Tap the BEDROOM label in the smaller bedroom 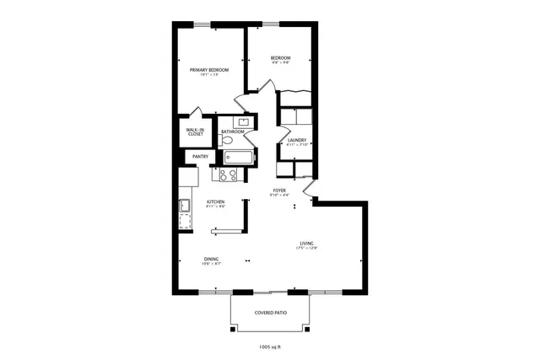[281, 57]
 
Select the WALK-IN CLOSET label [195, 132]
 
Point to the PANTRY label [201, 156]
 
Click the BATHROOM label [233, 132]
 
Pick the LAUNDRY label [296, 140]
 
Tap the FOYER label [278, 191]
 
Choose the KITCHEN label [216, 202]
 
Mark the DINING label [211, 259]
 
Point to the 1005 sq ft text [270, 346]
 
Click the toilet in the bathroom [226, 141]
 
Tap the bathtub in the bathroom [239, 157]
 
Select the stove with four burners [228, 175]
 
